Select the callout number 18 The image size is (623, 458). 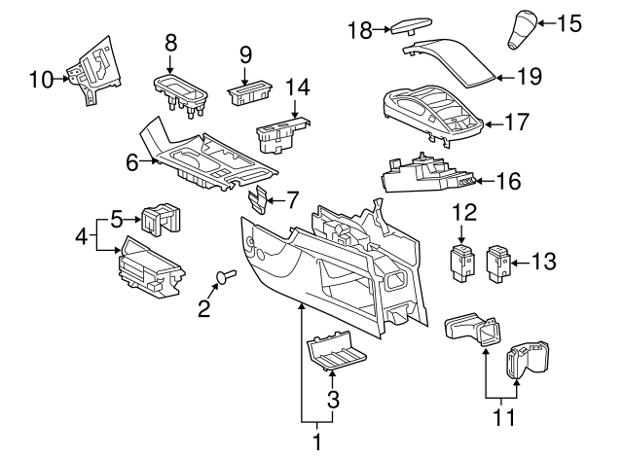point(359,30)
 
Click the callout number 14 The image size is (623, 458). point(296,87)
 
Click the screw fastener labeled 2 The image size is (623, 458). point(224,278)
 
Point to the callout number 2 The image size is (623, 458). point(203,310)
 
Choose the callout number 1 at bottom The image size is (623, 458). point(315,442)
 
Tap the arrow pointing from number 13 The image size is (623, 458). point(517,261)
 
